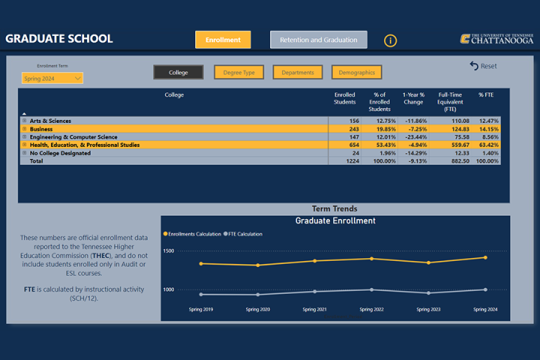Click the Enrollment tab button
tap(223, 40)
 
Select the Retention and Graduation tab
tap(319, 40)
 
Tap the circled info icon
tap(391, 40)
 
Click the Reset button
tap(483, 66)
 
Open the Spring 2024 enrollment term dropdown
tap(52, 78)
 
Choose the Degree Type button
tap(238, 73)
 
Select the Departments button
tap(298, 73)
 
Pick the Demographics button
tap(356, 73)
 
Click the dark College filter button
tap(178, 73)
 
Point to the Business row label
tap(42, 129)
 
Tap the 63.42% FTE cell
tap(487, 145)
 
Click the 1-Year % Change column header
tap(413, 98)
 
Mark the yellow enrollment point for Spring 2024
tap(485, 257)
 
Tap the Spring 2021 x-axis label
tap(315, 309)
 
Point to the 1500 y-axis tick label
tap(168, 251)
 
